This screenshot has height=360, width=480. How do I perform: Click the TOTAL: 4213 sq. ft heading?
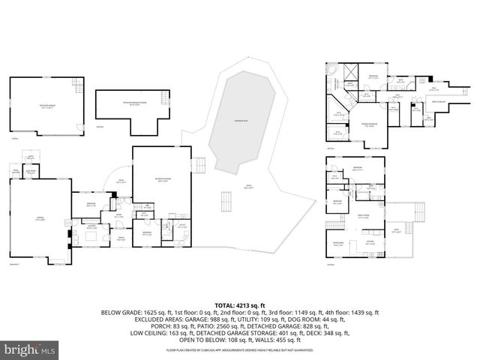[239, 305]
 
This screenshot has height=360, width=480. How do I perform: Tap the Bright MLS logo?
[29, 349]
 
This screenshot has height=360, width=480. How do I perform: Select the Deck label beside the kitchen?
[395, 231]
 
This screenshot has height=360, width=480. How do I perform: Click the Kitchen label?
[370, 243]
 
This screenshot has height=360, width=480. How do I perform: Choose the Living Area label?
[338, 243]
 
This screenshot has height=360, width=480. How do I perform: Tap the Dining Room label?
[364, 215]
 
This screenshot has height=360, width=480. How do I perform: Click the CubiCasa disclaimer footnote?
[239, 349]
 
